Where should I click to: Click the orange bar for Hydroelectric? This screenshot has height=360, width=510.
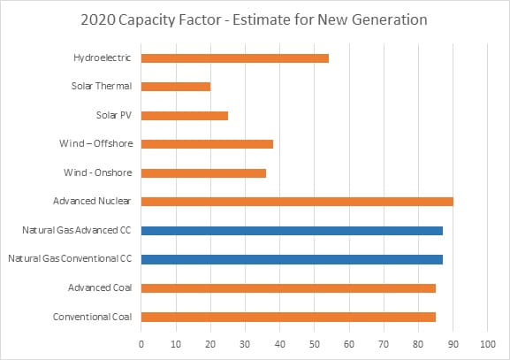[234, 58]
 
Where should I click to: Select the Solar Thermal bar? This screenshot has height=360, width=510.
[176, 87]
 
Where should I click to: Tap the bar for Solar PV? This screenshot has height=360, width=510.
[184, 115]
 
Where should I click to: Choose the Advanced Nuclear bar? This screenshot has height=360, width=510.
[297, 202]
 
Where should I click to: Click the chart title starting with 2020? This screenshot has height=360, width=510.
[255, 19]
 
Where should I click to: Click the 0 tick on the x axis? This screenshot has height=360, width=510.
[141, 341]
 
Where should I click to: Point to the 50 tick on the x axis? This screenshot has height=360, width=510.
[315, 341]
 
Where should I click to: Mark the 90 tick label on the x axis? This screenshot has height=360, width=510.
[453, 341]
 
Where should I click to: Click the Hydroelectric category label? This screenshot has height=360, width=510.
[102, 58]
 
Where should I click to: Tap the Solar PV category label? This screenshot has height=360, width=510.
[112, 115]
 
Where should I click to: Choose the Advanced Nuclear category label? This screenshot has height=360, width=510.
[93, 202]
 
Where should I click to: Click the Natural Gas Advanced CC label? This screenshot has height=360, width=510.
[78, 230]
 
